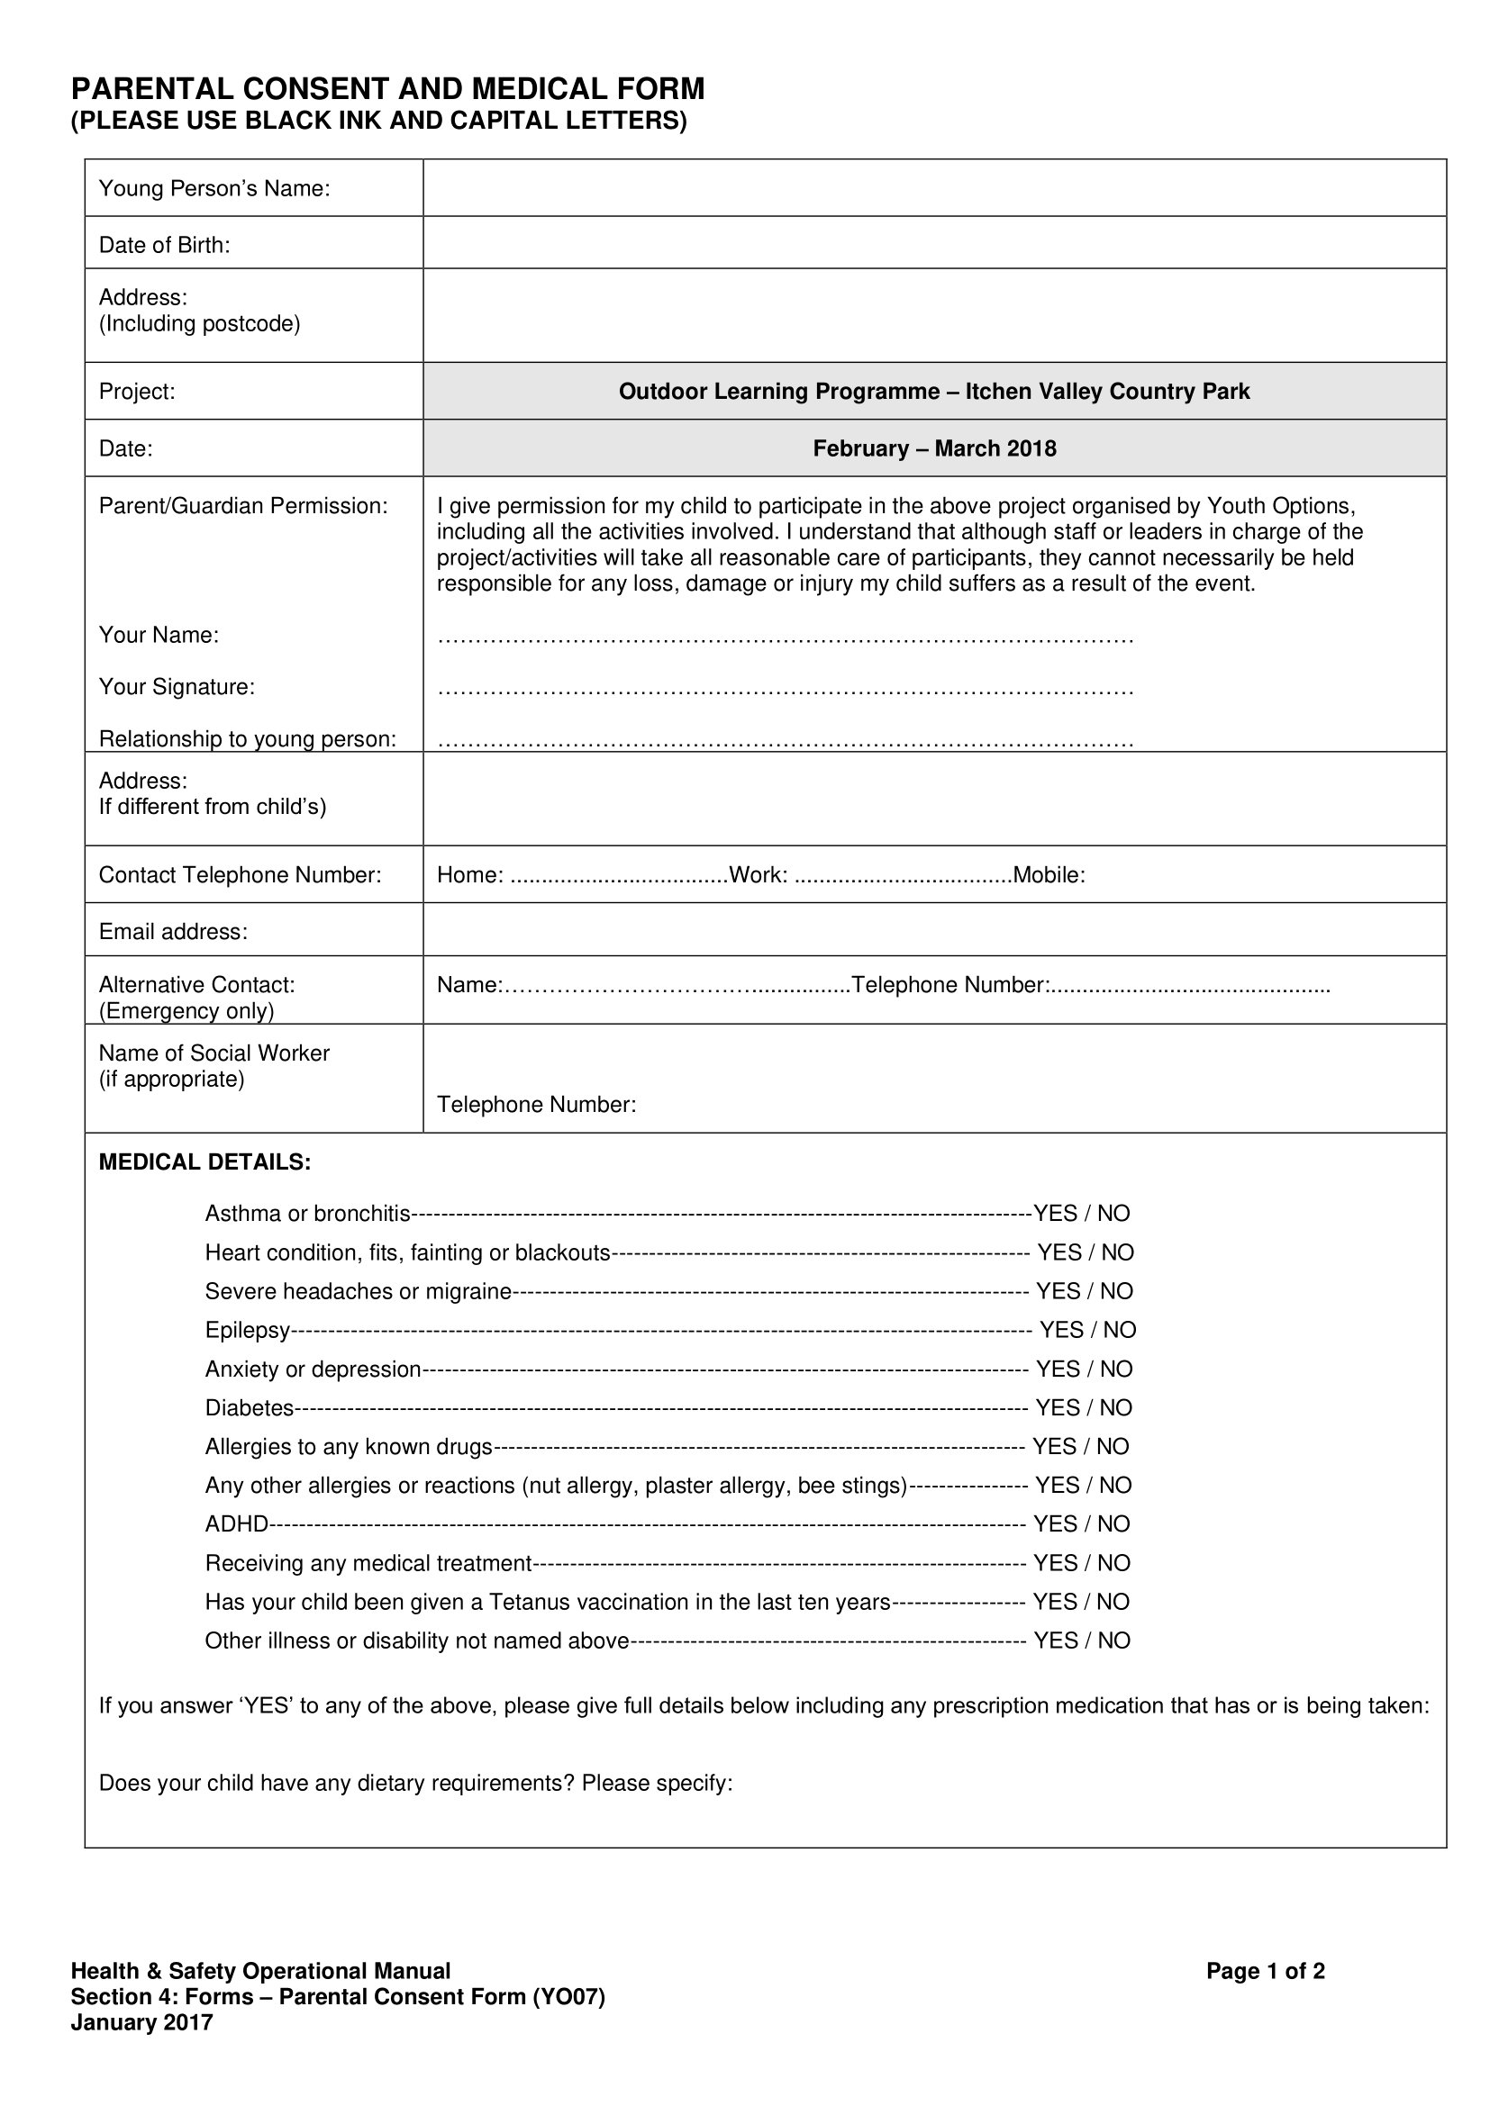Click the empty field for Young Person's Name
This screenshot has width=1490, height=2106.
pos(933,188)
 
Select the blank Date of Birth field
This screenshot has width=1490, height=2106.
pos(933,243)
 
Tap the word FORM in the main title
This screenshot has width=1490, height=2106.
pos(661,89)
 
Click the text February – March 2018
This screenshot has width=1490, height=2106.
pos(934,448)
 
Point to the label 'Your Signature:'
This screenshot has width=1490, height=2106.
pos(177,687)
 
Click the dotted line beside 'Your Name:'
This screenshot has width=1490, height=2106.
pos(785,637)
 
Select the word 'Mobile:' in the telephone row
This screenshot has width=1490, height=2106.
pos(1049,875)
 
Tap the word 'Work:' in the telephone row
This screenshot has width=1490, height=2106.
pos(758,875)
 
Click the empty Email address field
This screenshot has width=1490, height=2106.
pos(933,930)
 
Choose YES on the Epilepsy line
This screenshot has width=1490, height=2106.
pos(1061,1330)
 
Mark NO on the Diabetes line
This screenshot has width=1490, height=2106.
pos(1116,1408)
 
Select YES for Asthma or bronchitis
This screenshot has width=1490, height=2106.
pos(1055,1214)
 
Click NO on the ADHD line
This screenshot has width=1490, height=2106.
pos(1113,1524)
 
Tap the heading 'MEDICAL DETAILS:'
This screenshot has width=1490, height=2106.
pos(204,1162)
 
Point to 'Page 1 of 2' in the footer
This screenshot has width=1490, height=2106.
pos(1265,1971)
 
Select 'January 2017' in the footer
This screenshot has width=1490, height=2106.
pos(142,2022)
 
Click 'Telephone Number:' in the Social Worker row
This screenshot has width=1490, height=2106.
pos(536,1105)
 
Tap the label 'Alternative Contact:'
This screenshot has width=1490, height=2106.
pos(197,985)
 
